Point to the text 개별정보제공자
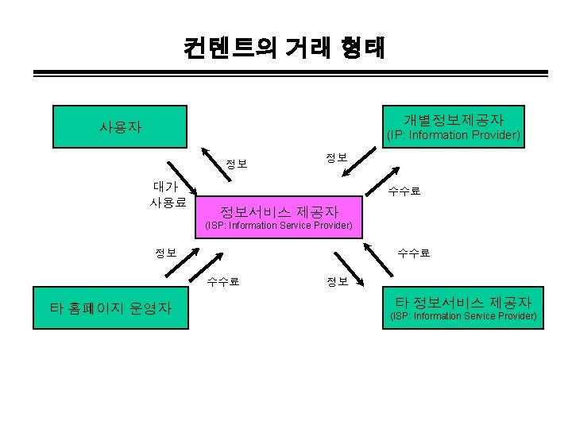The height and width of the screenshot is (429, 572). (453, 120)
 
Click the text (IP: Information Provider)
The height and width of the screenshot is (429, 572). (453, 136)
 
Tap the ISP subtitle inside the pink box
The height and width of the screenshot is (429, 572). (279, 226)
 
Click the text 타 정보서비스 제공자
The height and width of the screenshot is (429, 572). (463, 302)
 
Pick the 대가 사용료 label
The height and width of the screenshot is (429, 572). (168, 195)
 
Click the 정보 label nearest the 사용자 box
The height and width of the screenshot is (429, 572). (236, 164)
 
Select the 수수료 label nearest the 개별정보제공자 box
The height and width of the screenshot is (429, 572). (404, 191)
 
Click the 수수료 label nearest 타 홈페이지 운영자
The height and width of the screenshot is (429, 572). (223, 280)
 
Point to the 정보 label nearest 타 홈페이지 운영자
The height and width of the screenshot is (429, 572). (166, 253)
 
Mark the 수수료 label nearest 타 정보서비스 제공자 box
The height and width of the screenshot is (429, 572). (414, 253)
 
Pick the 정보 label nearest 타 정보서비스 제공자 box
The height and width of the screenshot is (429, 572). (336, 281)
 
